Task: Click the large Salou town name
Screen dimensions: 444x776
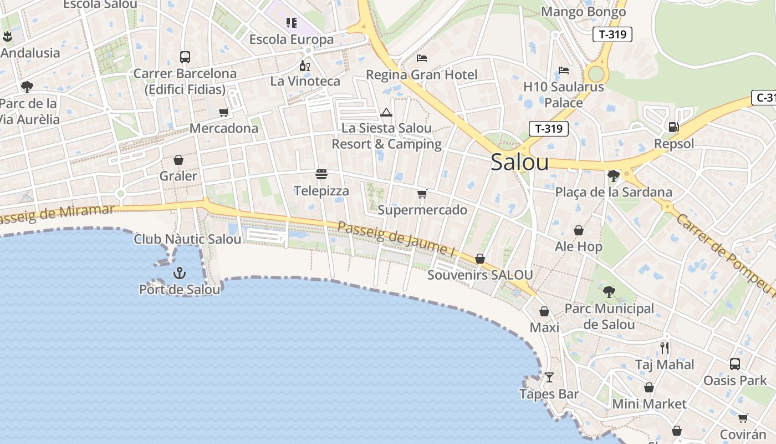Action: (520, 162)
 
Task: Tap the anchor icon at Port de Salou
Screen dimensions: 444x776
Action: (179, 273)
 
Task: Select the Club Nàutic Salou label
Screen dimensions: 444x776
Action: (187, 239)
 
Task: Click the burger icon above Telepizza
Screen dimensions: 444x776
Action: (321, 174)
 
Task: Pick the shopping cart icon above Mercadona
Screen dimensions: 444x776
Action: (224, 112)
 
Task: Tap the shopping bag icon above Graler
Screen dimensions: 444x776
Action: (178, 160)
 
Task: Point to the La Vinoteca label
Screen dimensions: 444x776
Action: (305, 81)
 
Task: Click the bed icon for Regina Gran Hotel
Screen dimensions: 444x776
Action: (422, 58)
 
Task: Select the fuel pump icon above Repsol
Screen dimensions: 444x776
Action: (674, 127)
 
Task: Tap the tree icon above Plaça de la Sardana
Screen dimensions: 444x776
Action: (613, 176)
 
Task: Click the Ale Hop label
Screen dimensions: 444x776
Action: (578, 246)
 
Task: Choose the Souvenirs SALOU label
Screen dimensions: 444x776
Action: (480, 275)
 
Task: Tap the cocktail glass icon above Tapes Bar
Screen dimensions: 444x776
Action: (549, 377)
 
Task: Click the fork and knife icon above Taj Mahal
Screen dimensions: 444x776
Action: (665, 348)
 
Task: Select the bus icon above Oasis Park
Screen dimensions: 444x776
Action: (735, 364)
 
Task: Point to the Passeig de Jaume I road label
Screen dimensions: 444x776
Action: (396, 239)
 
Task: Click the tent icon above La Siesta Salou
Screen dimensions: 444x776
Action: (386, 113)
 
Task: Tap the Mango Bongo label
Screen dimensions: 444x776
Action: (583, 12)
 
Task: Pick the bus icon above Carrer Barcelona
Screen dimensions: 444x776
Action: (185, 57)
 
